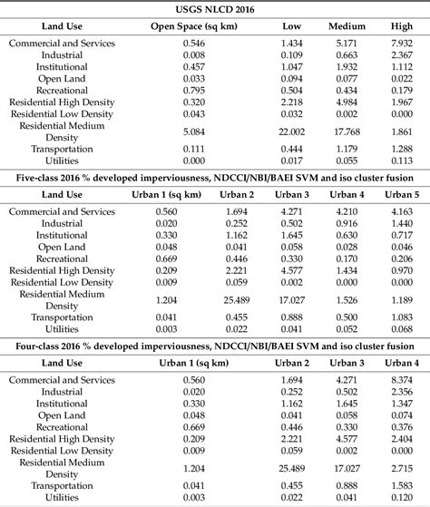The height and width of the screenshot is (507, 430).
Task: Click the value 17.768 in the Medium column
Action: coord(345,132)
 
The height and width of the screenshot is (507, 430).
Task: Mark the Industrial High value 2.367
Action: coord(397,54)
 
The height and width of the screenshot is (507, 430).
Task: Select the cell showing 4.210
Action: coord(345,211)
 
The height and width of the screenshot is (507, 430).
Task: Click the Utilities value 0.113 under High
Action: coord(397,162)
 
